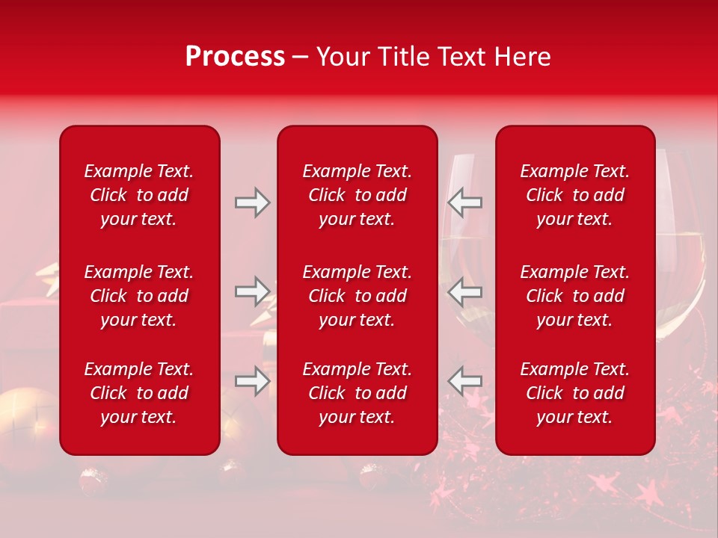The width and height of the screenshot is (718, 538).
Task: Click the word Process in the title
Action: [235, 57]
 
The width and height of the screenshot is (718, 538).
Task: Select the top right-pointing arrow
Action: [252, 202]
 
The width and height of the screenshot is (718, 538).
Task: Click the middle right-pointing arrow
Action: [252, 291]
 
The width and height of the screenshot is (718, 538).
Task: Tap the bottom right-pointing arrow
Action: [252, 381]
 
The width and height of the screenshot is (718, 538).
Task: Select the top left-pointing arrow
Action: [464, 202]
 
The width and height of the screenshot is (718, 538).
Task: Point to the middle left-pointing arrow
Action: [464, 291]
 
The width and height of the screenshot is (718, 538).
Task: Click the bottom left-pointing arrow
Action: [464, 381]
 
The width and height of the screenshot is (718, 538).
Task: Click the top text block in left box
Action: [138, 195]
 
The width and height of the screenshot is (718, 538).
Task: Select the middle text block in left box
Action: [138, 296]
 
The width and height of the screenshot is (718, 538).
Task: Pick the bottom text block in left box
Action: [138, 393]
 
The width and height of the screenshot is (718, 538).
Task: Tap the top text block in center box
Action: [357, 195]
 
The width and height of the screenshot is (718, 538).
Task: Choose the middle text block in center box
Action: [357, 296]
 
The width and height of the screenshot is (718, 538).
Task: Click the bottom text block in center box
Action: [357, 393]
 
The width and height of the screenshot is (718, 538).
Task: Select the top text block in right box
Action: [574, 195]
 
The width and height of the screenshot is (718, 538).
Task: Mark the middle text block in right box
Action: [574, 296]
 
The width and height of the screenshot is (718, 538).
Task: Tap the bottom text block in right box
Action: [574, 393]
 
